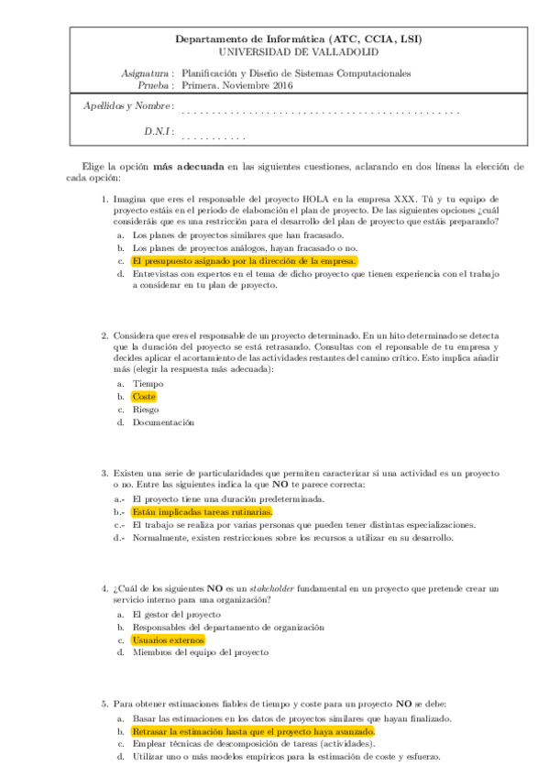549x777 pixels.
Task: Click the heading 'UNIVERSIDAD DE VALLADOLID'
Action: (299, 52)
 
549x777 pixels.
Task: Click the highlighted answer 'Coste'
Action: (144, 397)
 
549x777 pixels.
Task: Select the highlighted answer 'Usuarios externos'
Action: (168, 640)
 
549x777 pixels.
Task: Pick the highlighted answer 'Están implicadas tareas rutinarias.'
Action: (202, 512)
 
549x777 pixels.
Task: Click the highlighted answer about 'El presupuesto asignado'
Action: (243, 261)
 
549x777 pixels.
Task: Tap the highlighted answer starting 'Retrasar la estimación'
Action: (253, 733)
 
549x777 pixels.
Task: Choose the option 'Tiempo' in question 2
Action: (148, 384)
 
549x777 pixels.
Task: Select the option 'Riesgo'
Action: (147, 410)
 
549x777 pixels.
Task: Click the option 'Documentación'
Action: (163, 422)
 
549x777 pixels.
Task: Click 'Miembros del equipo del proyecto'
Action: (200, 652)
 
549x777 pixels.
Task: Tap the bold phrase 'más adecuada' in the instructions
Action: (188, 167)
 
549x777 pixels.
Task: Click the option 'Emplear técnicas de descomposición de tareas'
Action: (240, 745)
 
